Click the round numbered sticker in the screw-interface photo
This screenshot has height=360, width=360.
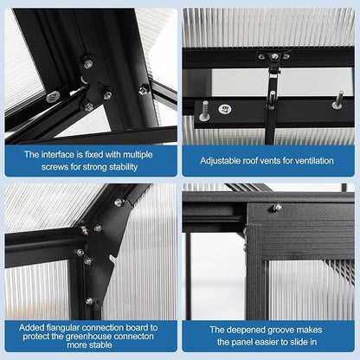click(53, 97)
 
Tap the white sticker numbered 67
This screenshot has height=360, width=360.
click(225, 109)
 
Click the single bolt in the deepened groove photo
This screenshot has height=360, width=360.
click(276, 208)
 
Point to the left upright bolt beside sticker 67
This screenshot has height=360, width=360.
click(205, 111)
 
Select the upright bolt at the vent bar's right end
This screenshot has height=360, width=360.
click(337, 100)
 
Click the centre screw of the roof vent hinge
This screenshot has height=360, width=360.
click(275, 56)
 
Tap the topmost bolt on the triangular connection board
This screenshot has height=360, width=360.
click(119, 202)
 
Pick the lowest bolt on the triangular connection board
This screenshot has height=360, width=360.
click(89, 301)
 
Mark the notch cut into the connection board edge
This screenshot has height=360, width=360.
click(113, 259)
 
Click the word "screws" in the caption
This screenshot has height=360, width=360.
click(55, 167)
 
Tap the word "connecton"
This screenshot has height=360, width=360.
click(134, 337)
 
